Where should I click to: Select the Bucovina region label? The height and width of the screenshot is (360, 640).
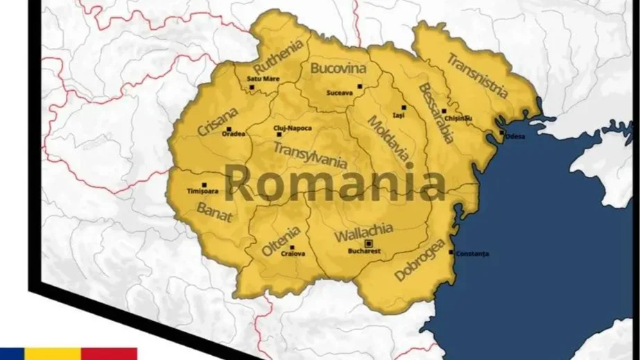(x=337, y=69)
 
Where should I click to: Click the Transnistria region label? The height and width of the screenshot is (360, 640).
(x=478, y=75)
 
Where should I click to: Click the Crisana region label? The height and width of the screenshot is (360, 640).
(x=218, y=121)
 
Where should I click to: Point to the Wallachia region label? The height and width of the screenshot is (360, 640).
(x=363, y=231)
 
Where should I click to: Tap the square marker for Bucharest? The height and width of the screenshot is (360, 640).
(x=369, y=243)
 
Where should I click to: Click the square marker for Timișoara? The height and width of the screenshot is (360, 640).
(x=203, y=185)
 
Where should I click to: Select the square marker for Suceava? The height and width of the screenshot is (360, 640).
(x=360, y=86)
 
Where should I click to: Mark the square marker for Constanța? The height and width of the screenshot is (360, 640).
(x=451, y=252)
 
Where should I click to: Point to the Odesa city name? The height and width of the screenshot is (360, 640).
(x=514, y=137)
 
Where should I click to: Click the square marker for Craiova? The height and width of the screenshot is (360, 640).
(x=292, y=247)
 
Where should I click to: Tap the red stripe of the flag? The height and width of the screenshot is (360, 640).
(x=109, y=354)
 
